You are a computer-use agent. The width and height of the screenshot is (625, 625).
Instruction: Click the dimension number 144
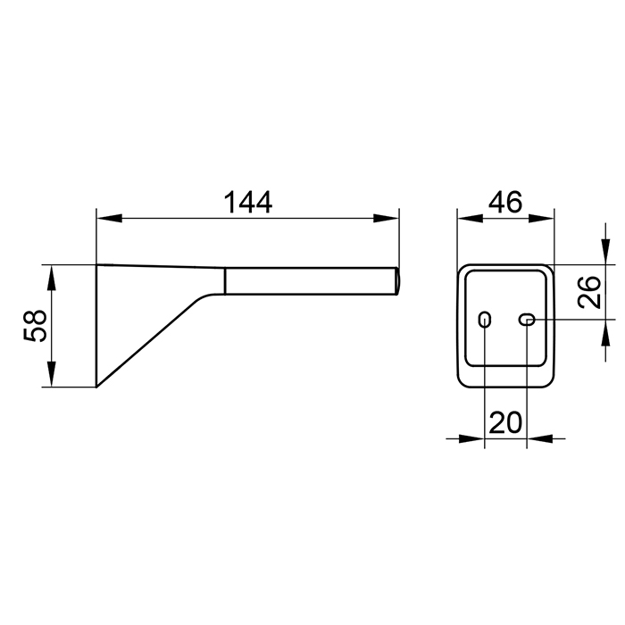coord(248,203)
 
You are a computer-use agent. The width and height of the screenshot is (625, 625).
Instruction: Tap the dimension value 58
coord(35,325)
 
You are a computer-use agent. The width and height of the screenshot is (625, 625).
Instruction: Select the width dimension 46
coord(505,202)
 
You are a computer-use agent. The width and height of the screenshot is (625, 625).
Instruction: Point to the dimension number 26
coord(589,292)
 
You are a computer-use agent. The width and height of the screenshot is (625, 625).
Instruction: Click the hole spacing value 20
coord(505,422)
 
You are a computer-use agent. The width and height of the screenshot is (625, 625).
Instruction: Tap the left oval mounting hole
coord(484,320)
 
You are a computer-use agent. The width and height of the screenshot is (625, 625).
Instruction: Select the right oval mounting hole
coord(527,320)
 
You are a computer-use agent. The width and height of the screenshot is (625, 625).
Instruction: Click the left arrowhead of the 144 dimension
coord(109,219)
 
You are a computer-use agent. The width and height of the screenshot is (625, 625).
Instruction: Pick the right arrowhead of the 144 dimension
coord(386,219)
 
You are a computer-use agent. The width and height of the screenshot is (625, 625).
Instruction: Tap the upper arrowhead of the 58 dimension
coord(52,278)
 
